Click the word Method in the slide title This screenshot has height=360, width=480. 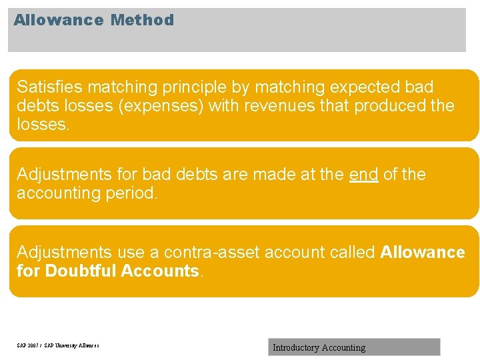[142, 20]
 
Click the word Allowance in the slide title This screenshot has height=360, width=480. [59, 20]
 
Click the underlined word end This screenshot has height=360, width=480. [363, 175]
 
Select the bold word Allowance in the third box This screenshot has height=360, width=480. [423, 253]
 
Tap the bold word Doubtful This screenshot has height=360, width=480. [80, 271]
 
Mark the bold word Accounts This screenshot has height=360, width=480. [160, 271]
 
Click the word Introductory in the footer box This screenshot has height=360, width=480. [295, 347]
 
